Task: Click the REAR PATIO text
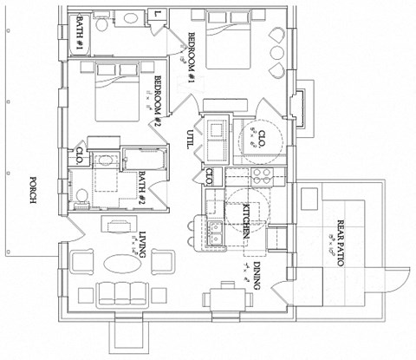click(335, 242)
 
